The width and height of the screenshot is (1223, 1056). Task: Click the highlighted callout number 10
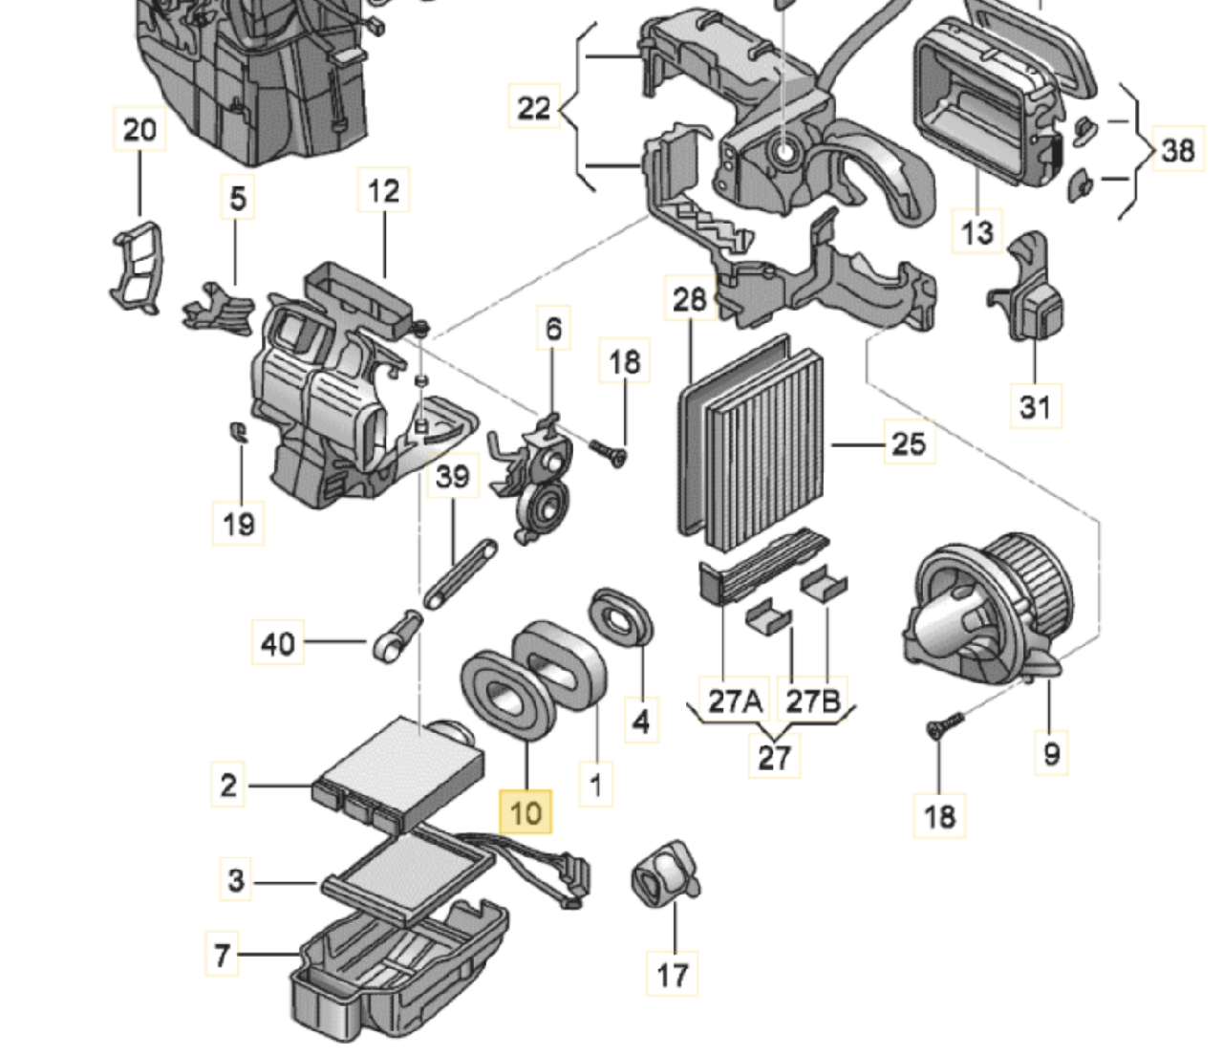click(x=526, y=813)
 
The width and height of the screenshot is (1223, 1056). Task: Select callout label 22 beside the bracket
click(x=533, y=108)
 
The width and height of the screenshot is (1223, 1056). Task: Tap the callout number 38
click(x=1177, y=150)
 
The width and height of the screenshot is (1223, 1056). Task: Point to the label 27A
click(x=736, y=702)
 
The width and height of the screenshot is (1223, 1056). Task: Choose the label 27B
click(x=812, y=702)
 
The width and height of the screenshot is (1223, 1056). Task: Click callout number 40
click(x=278, y=643)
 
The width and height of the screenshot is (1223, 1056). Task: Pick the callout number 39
click(x=452, y=476)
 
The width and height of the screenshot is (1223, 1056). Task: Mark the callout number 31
click(x=1036, y=407)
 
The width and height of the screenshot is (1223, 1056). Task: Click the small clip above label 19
click(x=237, y=432)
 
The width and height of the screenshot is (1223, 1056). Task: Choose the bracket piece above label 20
click(x=136, y=268)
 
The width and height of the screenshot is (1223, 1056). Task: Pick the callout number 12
click(x=383, y=191)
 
